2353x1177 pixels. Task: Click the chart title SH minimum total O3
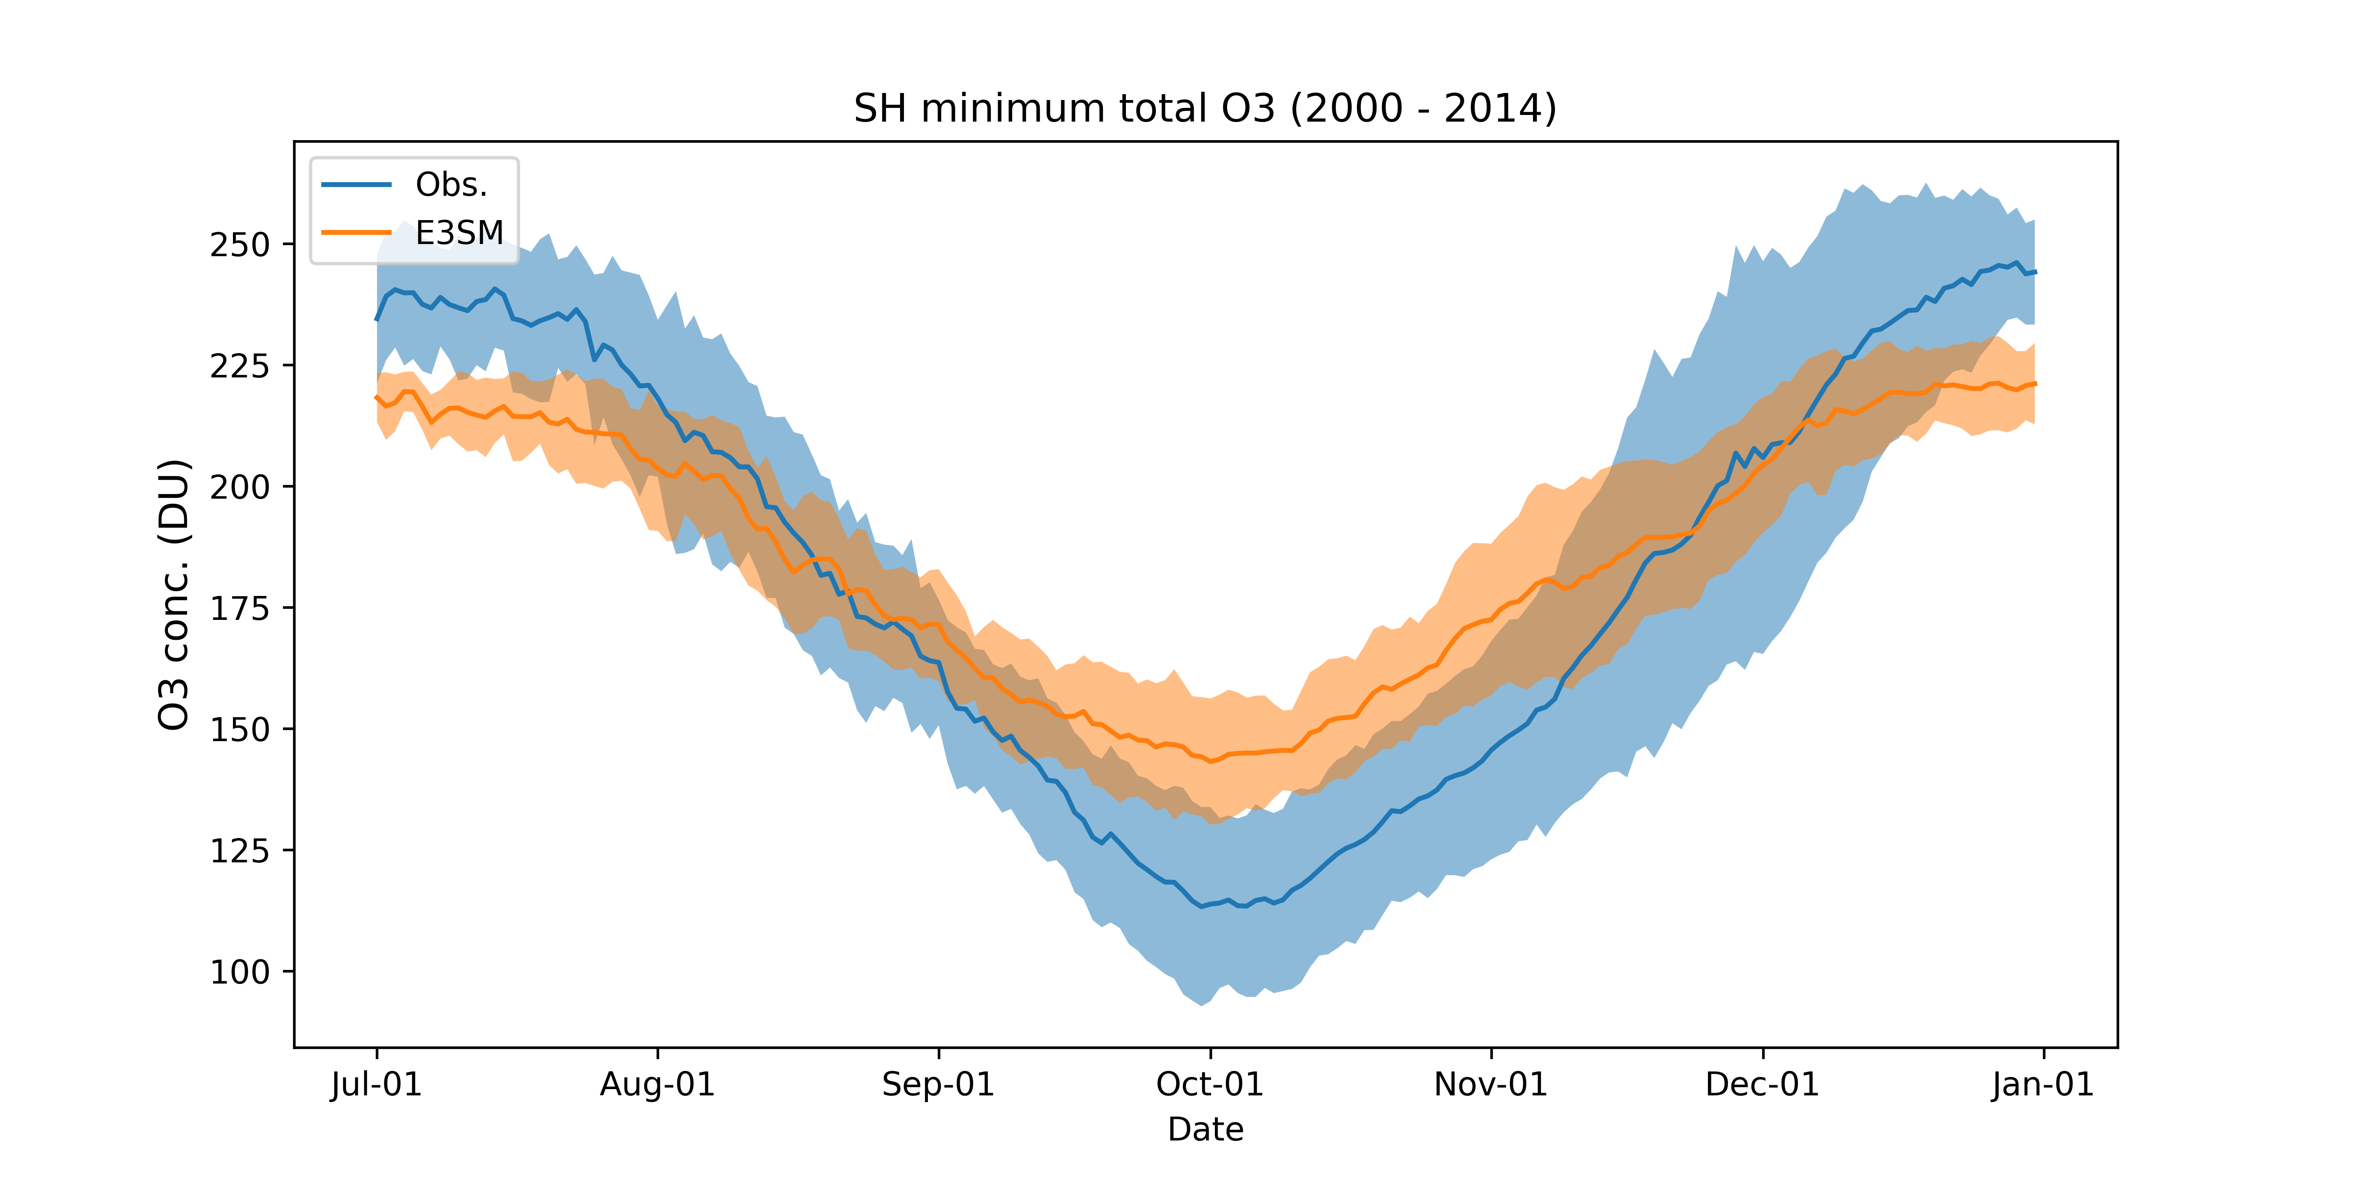coord(1205,109)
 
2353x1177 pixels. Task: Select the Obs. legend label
coord(451,186)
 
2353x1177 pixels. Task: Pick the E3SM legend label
coord(460,234)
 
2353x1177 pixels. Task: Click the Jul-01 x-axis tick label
coord(376,1085)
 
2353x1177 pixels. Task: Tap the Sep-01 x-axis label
coord(938,1085)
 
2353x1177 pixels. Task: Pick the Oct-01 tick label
coord(1210,1085)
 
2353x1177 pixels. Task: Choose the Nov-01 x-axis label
coord(1491,1085)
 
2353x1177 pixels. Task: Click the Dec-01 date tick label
coord(1763,1085)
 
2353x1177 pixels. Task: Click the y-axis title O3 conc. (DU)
coord(174,594)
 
